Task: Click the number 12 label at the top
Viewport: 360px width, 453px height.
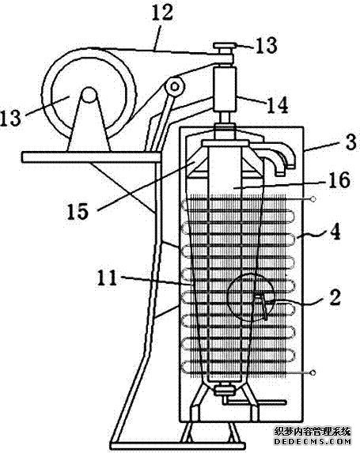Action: pos(162,12)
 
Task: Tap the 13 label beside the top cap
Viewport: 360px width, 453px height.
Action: pos(266,45)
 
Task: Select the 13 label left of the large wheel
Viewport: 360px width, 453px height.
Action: pos(11,117)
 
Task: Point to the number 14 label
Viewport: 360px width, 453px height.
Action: pos(277,105)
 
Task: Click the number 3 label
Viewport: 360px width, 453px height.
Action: pos(351,142)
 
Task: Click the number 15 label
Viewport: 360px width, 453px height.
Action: pos(78,211)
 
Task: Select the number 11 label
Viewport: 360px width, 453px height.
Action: pos(107,277)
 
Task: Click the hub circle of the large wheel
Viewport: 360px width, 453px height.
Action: pos(89,94)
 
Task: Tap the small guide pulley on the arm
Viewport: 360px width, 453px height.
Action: pos(175,86)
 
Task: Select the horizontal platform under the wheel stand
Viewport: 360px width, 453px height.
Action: pos(91,157)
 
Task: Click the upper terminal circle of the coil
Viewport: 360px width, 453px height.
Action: pos(313,198)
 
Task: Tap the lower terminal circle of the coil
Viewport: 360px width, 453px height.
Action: pos(313,372)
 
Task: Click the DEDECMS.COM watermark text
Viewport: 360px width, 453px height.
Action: pos(313,441)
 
